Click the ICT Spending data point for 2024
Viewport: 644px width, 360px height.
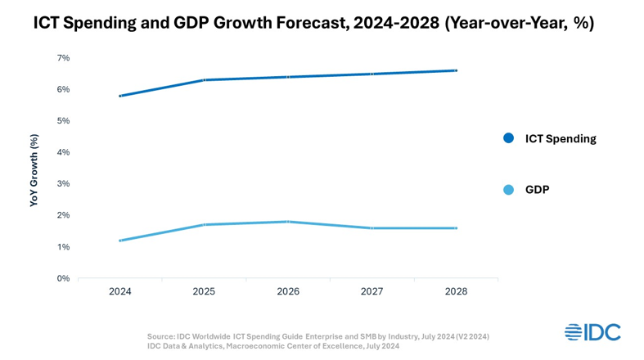coord(120,96)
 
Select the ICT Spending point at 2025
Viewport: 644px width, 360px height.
coord(205,80)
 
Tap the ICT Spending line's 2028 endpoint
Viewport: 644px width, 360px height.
coord(456,70)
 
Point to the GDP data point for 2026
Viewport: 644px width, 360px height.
coord(289,222)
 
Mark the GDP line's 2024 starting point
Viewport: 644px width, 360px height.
coord(120,241)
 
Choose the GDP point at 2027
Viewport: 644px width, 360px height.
coord(372,228)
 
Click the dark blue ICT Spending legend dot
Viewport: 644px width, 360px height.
coord(509,138)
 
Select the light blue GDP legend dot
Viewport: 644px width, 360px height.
coord(509,190)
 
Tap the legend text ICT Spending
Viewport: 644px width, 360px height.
coord(561,138)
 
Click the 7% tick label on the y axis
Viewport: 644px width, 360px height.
coord(63,58)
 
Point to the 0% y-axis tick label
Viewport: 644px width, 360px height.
coord(63,278)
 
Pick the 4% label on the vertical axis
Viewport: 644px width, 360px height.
coord(63,152)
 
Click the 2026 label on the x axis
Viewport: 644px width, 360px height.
coord(288,291)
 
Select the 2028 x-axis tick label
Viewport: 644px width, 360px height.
coord(456,291)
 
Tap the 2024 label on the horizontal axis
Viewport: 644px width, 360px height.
coord(120,291)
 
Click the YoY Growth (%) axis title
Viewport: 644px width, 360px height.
coord(34,169)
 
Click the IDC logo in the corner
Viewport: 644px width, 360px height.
coord(592,332)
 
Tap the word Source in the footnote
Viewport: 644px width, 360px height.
coord(160,336)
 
